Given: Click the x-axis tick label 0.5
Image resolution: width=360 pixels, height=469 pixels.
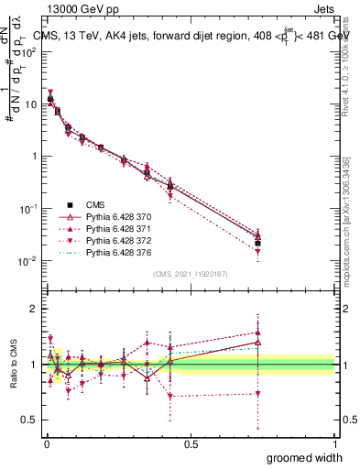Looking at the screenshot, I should (x=191, y=443).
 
